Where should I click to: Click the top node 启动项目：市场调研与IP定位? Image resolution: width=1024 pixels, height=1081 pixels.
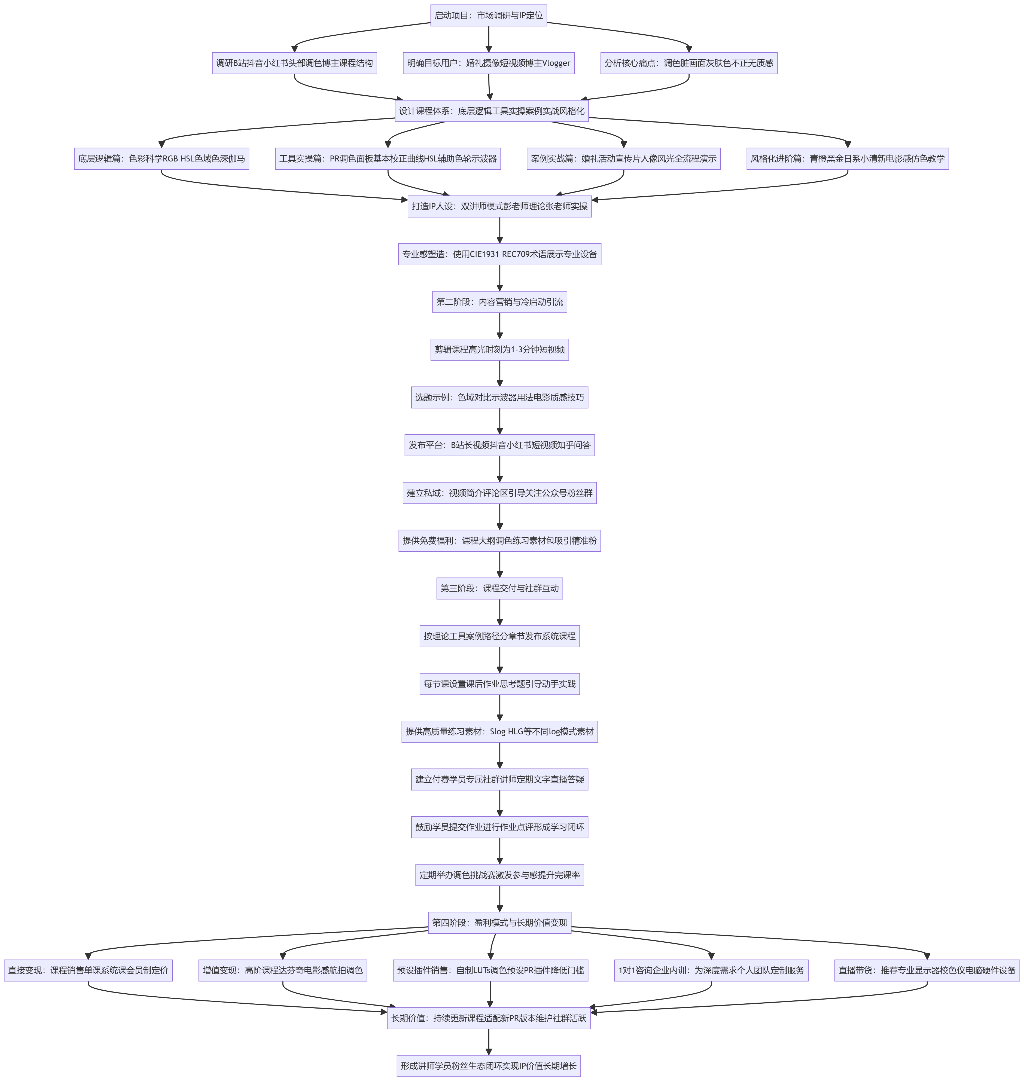tap(489, 15)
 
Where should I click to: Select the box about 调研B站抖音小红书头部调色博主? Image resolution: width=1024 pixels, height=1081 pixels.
tap(294, 63)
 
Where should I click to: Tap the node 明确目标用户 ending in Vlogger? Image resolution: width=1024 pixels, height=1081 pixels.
tap(489, 63)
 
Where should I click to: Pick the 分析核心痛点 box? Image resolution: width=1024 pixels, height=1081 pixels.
tap(689, 63)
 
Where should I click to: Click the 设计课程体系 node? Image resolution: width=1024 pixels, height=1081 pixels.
tap(491, 111)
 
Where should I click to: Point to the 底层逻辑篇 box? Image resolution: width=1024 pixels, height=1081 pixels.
tap(161, 158)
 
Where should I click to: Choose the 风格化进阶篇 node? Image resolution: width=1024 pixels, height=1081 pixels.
tap(848, 158)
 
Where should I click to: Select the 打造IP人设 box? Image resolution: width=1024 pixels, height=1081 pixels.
tap(499, 206)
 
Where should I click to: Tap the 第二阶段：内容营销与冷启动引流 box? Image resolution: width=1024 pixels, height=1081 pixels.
tap(499, 302)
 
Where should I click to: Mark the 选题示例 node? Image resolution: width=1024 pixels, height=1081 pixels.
tap(499, 397)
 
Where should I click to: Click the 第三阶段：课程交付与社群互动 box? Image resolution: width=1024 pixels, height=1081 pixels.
tap(499, 588)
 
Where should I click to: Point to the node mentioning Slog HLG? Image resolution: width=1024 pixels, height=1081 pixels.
tap(499, 731)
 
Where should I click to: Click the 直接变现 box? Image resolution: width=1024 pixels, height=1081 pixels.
tap(89, 970)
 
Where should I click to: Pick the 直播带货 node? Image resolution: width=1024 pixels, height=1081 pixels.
tap(927, 970)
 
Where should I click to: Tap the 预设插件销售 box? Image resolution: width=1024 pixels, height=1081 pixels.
tap(491, 970)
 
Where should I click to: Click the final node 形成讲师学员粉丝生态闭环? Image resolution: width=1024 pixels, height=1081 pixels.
tap(489, 1066)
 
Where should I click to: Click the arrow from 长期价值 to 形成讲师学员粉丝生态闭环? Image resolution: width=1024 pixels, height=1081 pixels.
tap(489, 1042)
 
